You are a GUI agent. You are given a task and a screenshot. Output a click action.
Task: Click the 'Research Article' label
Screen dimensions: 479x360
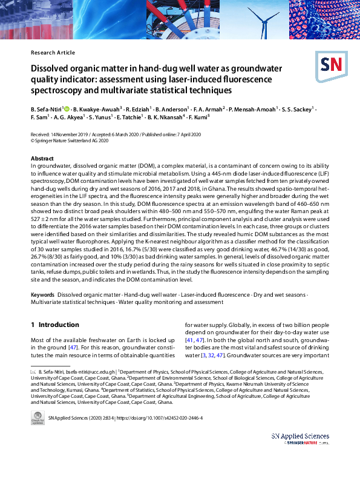click(x=53, y=53)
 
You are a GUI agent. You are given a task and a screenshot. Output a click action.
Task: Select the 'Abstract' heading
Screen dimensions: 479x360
click(x=42, y=158)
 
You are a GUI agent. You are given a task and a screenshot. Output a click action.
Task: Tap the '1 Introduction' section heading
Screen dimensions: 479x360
click(x=55, y=325)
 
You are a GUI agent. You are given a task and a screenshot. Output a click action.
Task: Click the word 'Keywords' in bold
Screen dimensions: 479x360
click(x=43, y=294)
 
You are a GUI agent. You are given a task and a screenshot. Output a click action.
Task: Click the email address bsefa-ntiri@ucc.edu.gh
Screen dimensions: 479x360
click(x=85, y=372)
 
